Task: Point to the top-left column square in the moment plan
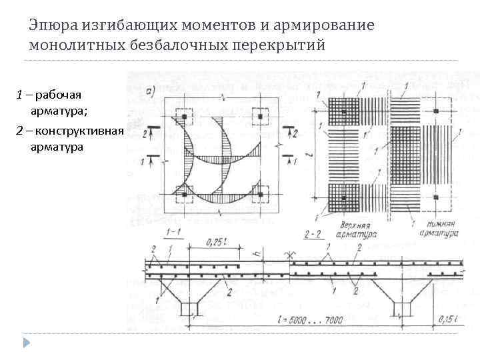click(182, 115)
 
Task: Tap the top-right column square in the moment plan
click(261, 115)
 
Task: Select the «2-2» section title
click(313, 235)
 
